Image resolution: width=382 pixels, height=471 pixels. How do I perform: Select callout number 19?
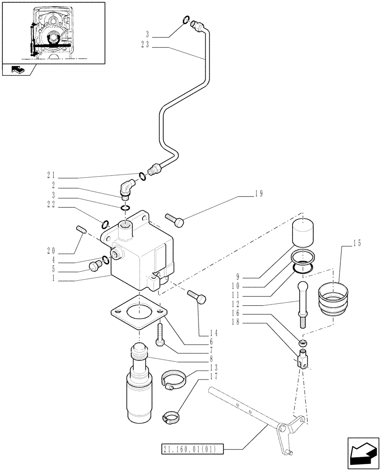point(260,193)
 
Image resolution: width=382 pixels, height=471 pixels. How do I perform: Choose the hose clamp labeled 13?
point(173,379)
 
